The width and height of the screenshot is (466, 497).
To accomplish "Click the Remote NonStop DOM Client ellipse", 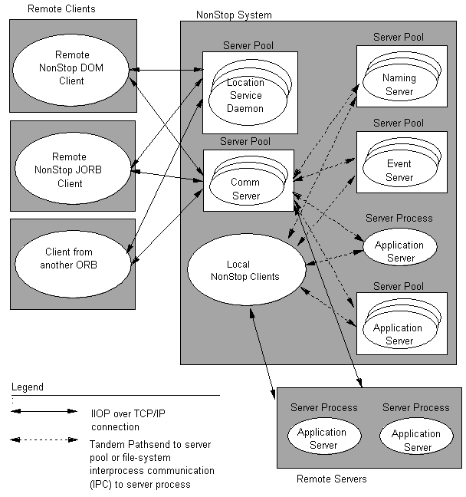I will click(x=72, y=67).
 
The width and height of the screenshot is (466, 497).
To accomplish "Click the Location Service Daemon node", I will click(x=245, y=95).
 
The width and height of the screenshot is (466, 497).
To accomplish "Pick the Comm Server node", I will click(x=245, y=189).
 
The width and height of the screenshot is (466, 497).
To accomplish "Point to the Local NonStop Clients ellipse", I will click(x=244, y=270).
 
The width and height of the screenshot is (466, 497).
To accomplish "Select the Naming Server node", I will click(x=399, y=84).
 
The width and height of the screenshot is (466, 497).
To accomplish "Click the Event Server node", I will click(x=399, y=170).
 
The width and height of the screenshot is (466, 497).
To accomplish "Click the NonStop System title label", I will click(x=234, y=15).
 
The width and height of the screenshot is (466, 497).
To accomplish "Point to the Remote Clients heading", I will click(x=62, y=8).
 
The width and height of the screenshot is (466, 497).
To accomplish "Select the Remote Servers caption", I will click(x=331, y=479).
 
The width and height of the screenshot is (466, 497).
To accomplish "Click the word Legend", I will click(x=28, y=387).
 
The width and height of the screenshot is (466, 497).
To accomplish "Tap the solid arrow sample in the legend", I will click(x=43, y=412).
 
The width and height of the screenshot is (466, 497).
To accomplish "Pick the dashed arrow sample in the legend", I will click(x=43, y=440).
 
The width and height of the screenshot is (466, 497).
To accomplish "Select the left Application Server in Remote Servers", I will click(x=322, y=438).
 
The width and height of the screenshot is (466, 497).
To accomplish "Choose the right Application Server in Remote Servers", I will click(x=416, y=439).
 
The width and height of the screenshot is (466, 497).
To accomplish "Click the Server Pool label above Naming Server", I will click(x=399, y=37).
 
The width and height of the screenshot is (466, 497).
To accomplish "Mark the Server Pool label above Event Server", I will click(x=399, y=123).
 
